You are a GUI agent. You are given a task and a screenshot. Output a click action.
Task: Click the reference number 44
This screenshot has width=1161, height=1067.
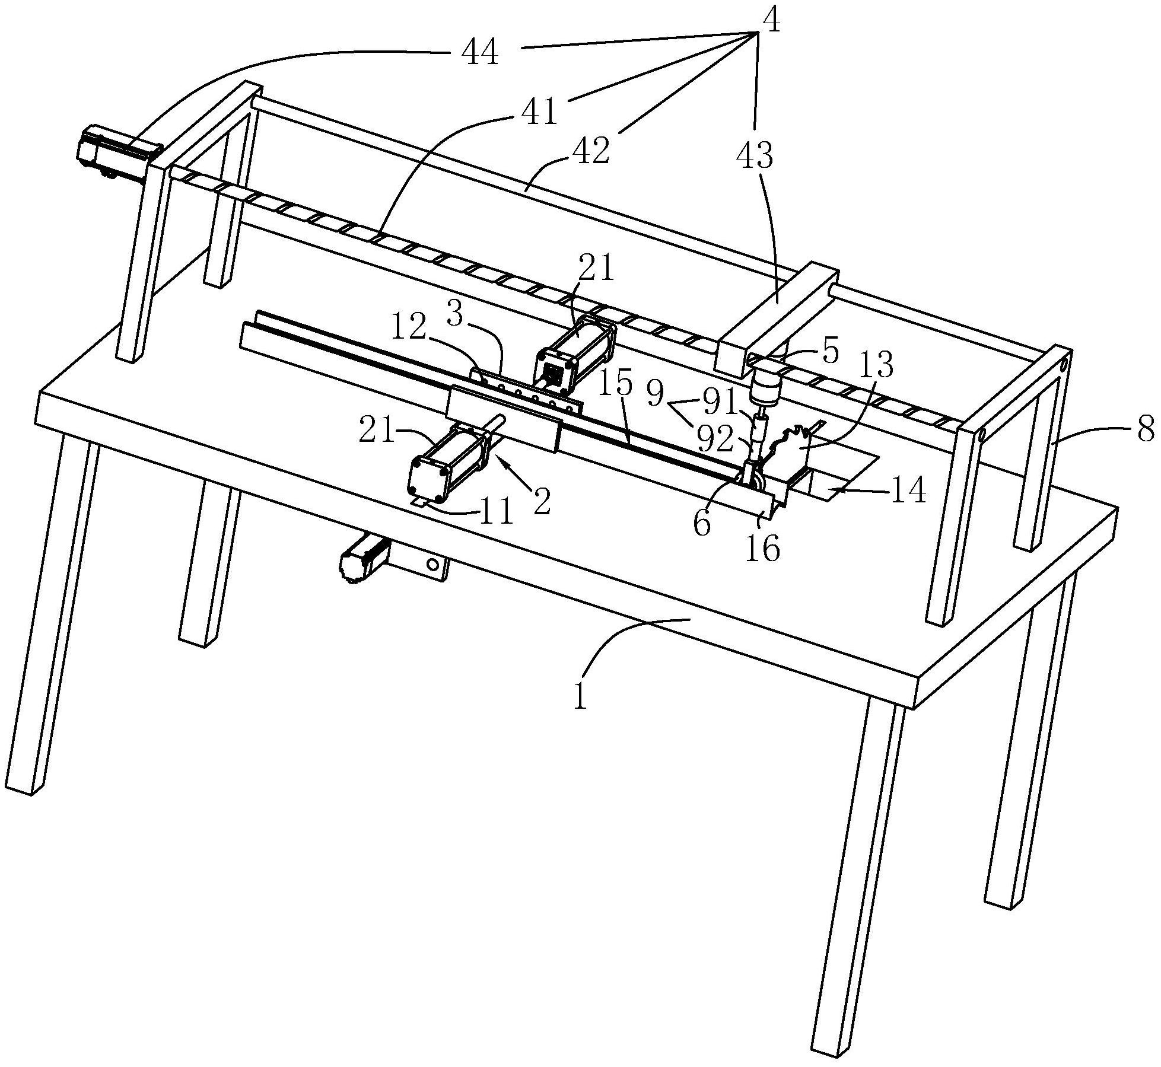(480, 54)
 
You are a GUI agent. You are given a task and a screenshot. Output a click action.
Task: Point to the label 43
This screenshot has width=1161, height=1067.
(755, 156)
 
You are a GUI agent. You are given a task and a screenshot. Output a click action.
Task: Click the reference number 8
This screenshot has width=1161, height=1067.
(1145, 428)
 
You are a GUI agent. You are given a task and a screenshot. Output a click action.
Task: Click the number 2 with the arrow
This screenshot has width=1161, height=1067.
(541, 500)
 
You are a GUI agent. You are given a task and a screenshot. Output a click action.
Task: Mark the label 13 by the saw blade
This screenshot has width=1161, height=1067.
(877, 367)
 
